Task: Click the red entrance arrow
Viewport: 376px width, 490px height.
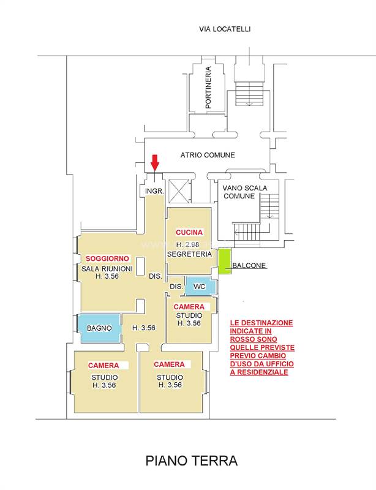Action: (155, 162)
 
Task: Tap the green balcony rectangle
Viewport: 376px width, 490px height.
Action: (225, 262)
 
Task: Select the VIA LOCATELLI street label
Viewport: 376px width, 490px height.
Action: (225, 29)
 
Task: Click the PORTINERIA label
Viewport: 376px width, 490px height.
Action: (208, 87)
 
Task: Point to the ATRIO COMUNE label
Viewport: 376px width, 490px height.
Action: (208, 155)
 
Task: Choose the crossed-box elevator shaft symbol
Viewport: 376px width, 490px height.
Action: (179, 190)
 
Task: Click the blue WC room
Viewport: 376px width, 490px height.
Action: (200, 285)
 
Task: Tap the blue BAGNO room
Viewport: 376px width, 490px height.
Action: (99, 328)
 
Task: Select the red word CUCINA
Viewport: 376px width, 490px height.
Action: (189, 232)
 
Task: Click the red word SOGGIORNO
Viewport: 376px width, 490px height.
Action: (107, 258)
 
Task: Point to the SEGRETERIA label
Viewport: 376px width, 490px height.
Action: (189, 254)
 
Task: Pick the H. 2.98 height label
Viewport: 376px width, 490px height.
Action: (187, 244)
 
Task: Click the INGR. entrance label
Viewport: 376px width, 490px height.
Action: (154, 191)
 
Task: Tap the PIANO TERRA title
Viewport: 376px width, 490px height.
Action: (191, 461)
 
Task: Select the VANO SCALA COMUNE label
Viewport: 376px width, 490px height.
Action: (245, 192)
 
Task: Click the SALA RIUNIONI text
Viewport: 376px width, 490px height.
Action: (107, 268)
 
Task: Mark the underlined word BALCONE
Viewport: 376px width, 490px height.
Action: (249, 265)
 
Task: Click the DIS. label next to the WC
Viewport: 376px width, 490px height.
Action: (176, 287)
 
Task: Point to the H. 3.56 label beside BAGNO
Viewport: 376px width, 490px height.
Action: (144, 328)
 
